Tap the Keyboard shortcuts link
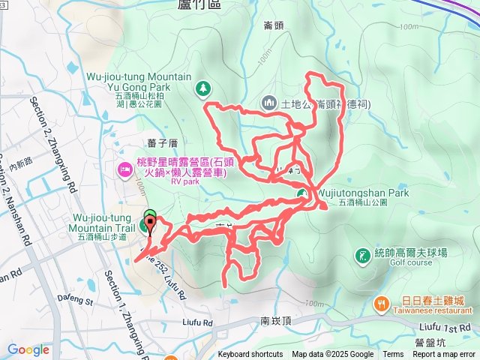[252, 355]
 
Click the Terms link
[393, 355]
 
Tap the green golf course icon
[361, 256]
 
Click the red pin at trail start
[150, 223]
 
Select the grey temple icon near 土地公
[269, 102]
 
